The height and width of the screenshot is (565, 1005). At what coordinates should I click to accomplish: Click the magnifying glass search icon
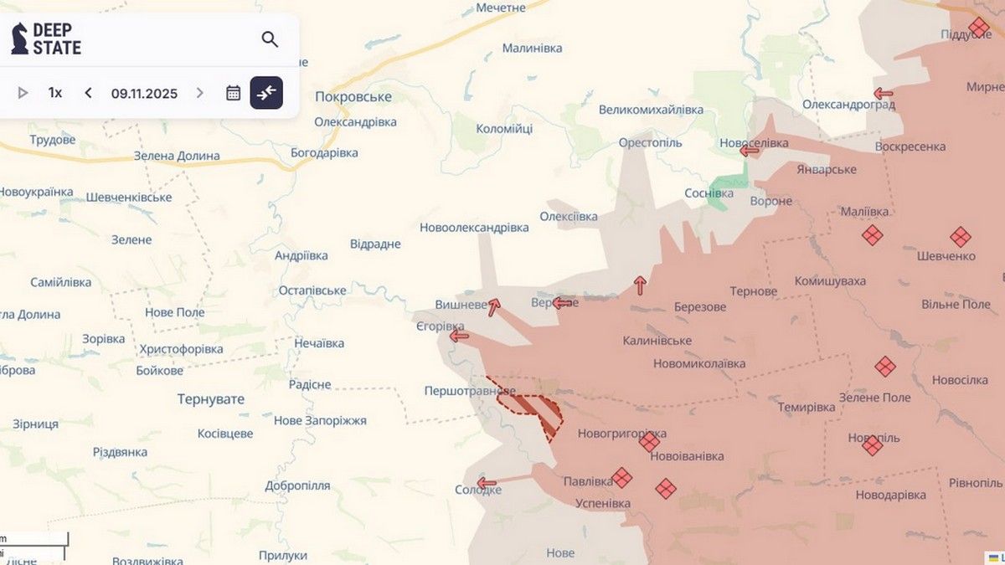pyautogui.click(x=270, y=39)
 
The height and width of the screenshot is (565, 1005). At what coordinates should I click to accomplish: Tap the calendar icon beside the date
pyautogui.click(x=234, y=93)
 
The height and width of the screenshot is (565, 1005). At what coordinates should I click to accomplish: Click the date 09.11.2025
pyautogui.click(x=144, y=93)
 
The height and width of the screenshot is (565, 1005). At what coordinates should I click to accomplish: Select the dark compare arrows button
pyautogui.click(x=266, y=93)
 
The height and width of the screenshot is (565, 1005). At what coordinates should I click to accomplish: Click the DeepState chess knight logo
pyautogui.click(x=19, y=39)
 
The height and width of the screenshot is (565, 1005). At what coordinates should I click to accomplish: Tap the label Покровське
pyautogui.click(x=353, y=96)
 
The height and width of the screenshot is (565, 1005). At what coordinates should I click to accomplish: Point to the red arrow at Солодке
pyautogui.click(x=487, y=483)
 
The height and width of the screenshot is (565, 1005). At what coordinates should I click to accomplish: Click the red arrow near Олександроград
pyautogui.click(x=883, y=93)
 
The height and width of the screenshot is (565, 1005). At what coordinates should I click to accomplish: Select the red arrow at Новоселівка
pyautogui.click(x=750, y=151)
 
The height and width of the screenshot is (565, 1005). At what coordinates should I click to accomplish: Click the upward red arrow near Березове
pyautogui.click(x=640, y=285)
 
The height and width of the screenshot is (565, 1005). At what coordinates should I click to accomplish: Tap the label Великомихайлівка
pyautogui.click(x=651, y=110)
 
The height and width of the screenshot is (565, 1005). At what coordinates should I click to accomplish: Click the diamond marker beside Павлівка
pyautogui.click(x=621, y=478)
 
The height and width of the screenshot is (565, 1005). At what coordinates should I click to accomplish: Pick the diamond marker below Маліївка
pyautogui.click(x=872, y=235)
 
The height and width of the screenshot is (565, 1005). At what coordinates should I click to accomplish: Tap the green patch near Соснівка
pyautogui.click(x=722, y=192)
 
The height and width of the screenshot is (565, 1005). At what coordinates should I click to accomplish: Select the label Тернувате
pyautogui.click(x=211, y=399)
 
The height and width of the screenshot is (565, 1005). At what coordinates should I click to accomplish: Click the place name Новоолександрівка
pyautogui.click(x=474, y=228)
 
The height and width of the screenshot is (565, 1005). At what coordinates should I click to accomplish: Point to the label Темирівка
pyautogui.click(x=806, y=407)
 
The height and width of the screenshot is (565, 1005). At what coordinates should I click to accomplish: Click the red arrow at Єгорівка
pyautogui.click(x=459, y=336)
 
